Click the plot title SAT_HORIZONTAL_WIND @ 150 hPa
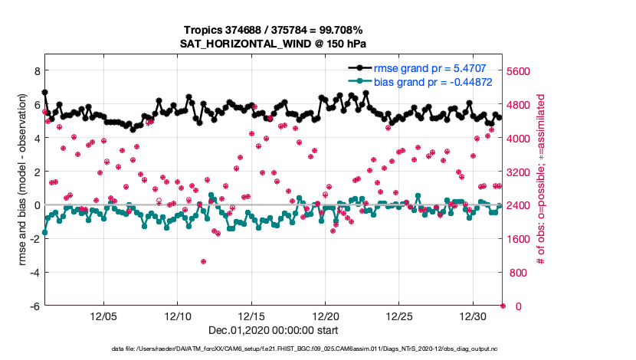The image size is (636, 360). (x=273, y=44)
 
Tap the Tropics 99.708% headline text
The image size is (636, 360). (x=273, y=30)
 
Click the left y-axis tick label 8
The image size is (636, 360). (x=35, y=70)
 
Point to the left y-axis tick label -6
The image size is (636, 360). (x=34, y=306)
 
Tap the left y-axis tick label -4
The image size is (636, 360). (x=34, y=273)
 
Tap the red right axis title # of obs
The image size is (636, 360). (x=540, y=181)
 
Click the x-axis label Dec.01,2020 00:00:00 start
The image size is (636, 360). (x=273, y=331)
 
